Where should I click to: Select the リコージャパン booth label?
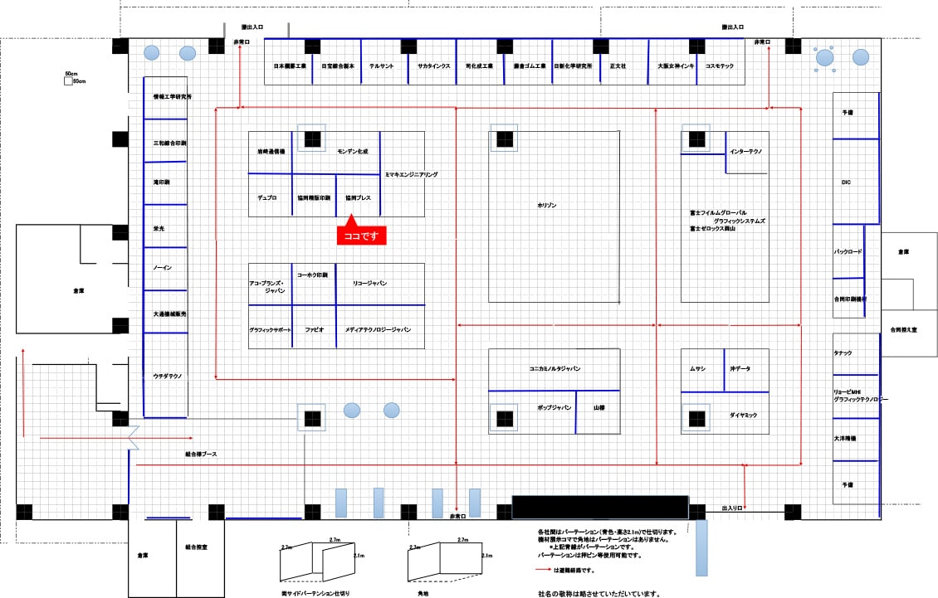[369, 284]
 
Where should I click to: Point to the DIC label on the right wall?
[846, 182]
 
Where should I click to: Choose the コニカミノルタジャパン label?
[554, 367]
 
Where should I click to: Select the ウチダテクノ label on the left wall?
[168, 376]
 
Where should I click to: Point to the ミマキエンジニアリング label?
[411, 175]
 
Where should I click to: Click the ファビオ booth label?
[314, 329]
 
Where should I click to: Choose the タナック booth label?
[843, 353]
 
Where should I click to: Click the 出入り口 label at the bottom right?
[731, 507]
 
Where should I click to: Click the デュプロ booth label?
[266, 198]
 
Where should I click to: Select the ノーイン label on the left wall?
[162, 268]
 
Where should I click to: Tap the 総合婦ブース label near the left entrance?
[201, 454]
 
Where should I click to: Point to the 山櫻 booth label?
[598, 407]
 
